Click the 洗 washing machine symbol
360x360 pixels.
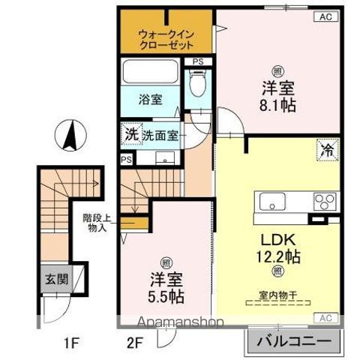pos(131,135)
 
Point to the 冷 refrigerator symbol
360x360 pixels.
pos(328,148)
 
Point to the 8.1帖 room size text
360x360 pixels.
pos(278,104)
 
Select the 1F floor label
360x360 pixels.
pos(70,344)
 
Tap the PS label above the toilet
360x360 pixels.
pos(198,61)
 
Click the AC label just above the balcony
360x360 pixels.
pos(327,317)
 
